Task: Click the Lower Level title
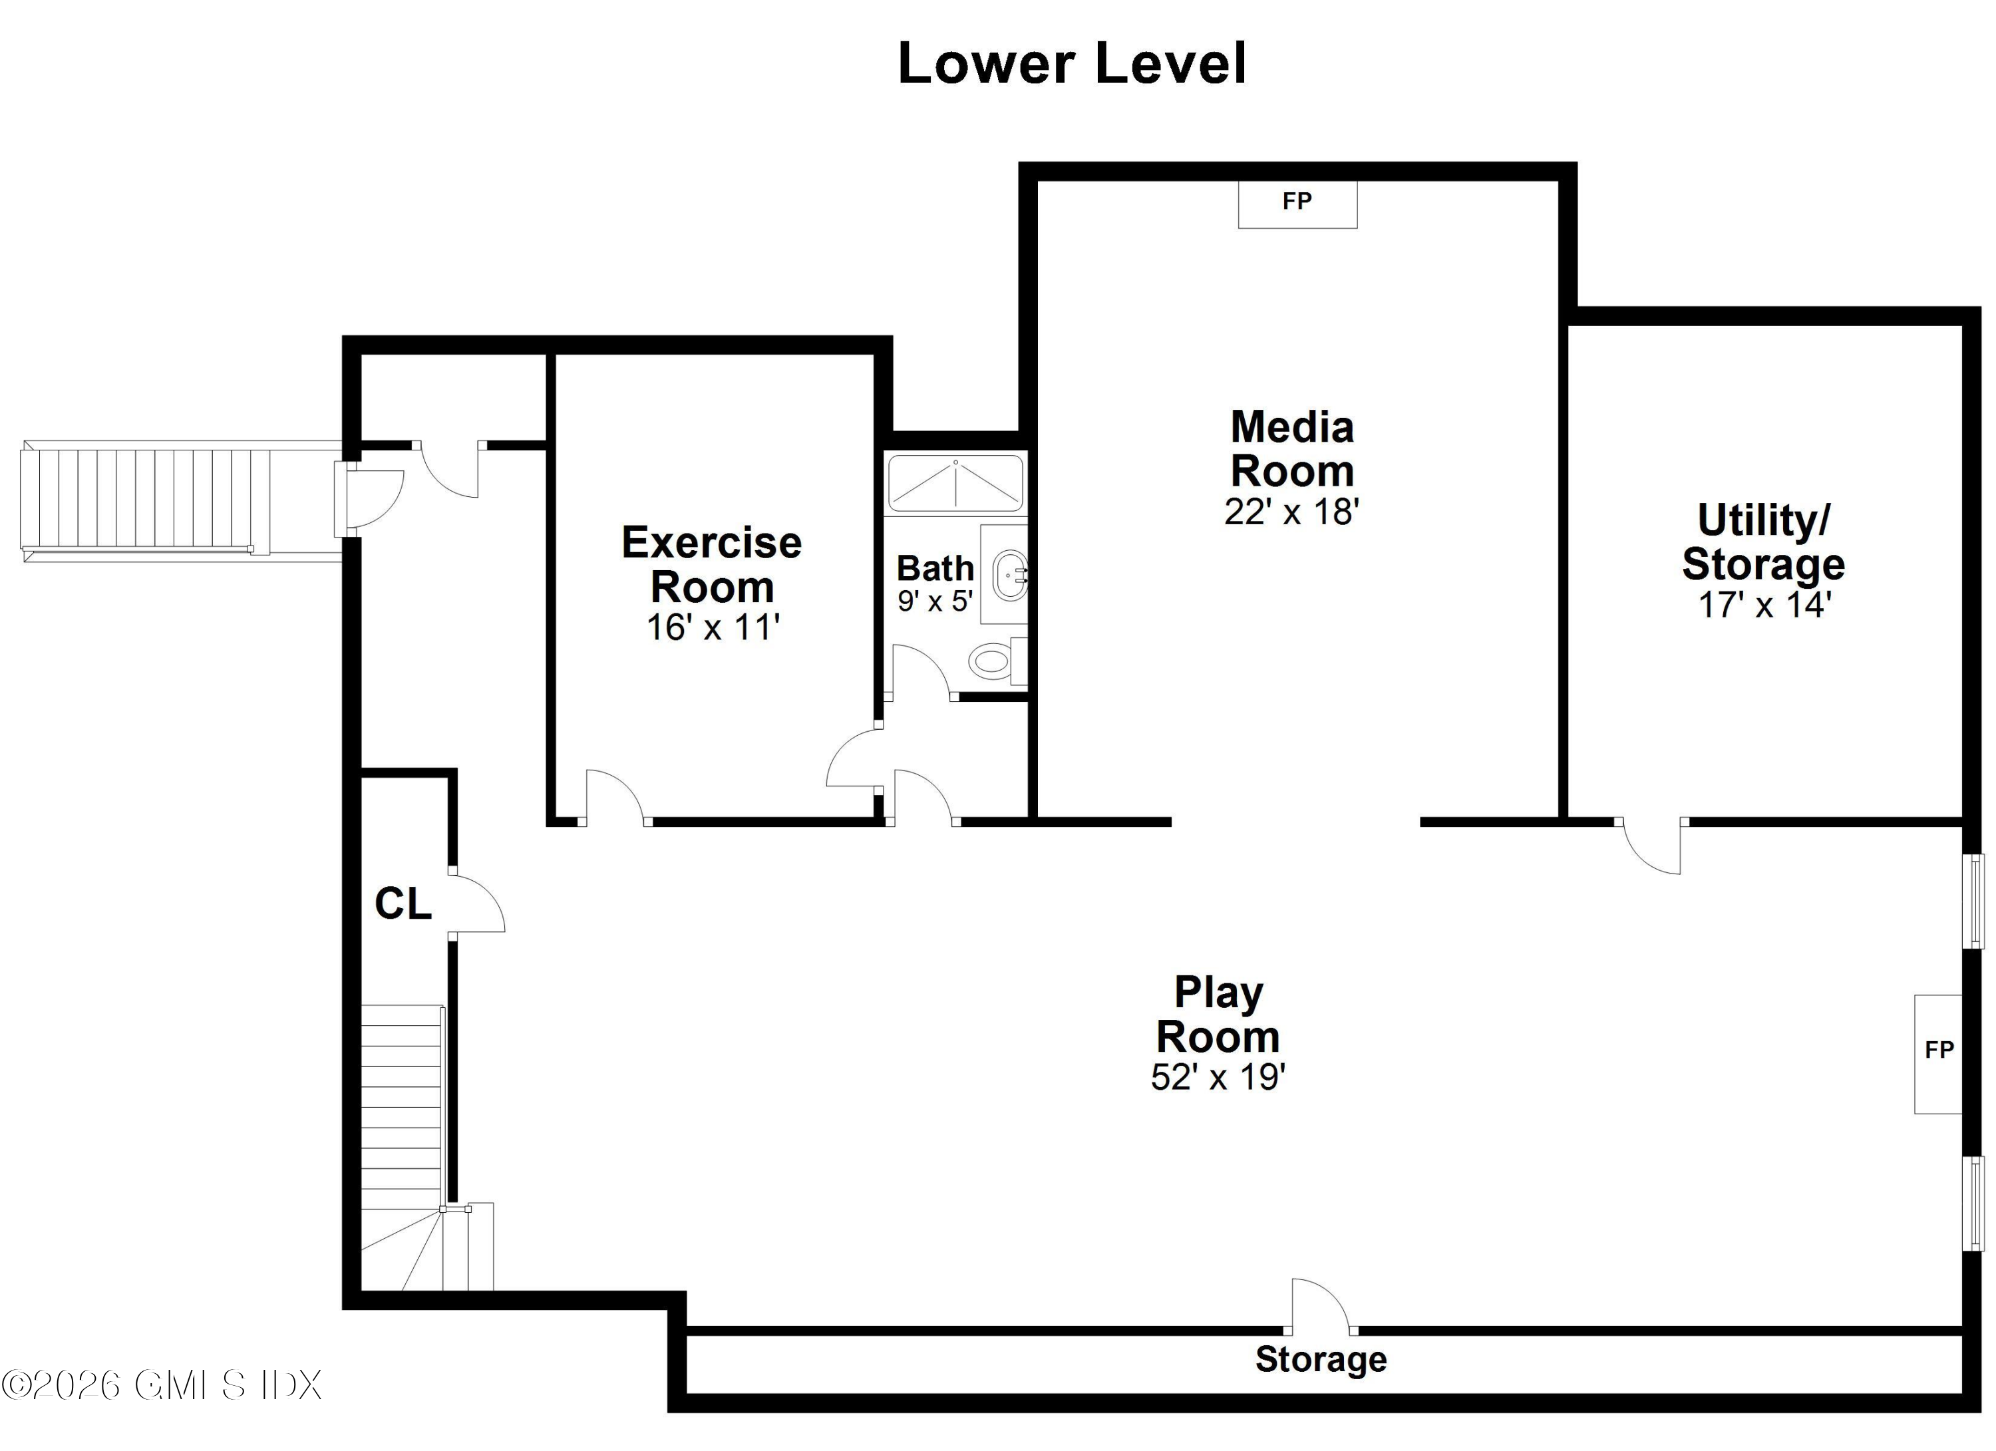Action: click(x=1072, y=63)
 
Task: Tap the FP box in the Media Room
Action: click(x=1297, y=204)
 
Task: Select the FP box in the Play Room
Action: click(x=1938, y=1054)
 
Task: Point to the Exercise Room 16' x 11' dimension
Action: click(x=713, y=627)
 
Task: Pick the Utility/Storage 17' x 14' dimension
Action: click(x=1764, y=605)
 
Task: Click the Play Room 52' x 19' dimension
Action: click(x=1218, y=1077)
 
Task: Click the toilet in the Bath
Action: click(x=997, y=660)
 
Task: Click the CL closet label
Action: click(x=403, y=903)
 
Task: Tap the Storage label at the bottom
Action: click(x=1321, y=1359)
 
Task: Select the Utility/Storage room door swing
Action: click(x=1651, y=846)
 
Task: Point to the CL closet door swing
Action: click(x=477, y=903)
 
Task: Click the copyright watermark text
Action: click(x=162, y=1385)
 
